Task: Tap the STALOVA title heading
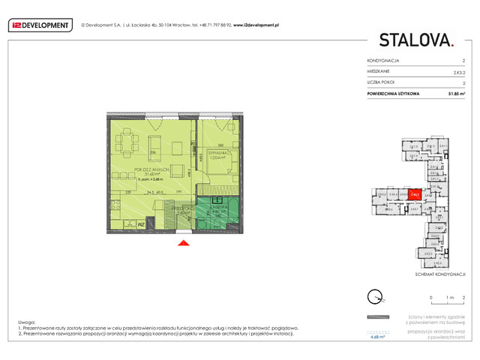(415, 39)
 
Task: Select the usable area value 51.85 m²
(455, 94)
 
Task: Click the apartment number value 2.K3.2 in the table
(458, 71)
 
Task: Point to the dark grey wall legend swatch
(378, 317)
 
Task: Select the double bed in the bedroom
(221, 163)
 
